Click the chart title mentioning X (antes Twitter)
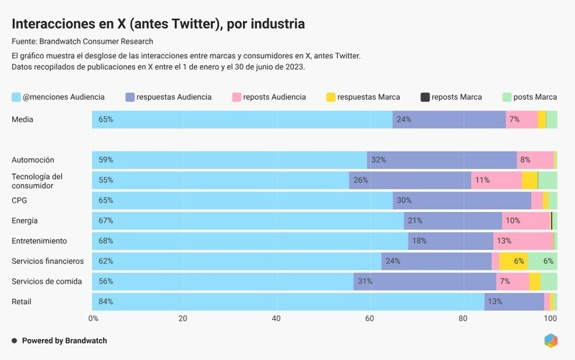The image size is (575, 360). tap(158, 24)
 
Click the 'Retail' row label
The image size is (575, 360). tap(22, 301)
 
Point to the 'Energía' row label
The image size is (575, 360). tap(24, 221)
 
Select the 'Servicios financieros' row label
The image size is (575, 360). tap(47, 261)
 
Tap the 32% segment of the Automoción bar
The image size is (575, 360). tap(441, 160)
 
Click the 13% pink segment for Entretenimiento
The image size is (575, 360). tap(523, 241)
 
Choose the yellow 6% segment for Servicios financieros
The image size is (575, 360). tap(513, 261)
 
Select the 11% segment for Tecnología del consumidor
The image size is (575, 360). tap(496, 180)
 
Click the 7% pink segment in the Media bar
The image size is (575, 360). tap(521, 119)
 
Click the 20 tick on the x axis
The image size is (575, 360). tap(185, 318)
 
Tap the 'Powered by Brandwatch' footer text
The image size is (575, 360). tap(64, 341)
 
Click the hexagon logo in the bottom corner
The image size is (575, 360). tap(551, 341)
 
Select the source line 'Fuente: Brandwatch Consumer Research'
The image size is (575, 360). tap(83, 42)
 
